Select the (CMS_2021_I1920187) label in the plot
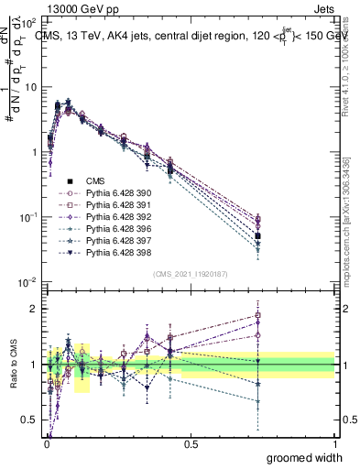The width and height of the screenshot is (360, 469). (x=191, y=274)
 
